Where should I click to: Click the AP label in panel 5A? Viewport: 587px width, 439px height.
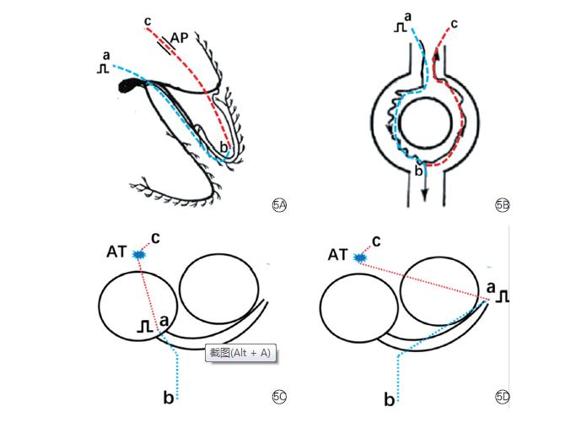click(179, 37)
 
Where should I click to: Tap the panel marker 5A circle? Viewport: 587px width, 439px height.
click(279, 204)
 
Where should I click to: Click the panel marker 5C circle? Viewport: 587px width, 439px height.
click(279, 398)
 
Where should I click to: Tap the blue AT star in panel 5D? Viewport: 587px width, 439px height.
click(360, 256)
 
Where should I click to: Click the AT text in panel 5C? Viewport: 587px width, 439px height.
click(117, 252)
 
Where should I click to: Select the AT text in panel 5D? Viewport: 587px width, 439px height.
click(337, 254)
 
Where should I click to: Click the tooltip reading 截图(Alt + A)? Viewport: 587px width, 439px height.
click(242, 353)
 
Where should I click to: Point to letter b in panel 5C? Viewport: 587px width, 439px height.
click(169, 397)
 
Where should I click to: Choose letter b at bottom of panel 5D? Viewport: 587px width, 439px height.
click(389, 399)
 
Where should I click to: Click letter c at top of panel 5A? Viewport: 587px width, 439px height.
click(148, 20)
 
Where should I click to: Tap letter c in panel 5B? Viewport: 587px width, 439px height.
click(455, 23)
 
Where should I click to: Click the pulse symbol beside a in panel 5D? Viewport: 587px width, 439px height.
click(504, 295)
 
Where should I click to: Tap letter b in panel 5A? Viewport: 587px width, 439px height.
click(223, 148)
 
